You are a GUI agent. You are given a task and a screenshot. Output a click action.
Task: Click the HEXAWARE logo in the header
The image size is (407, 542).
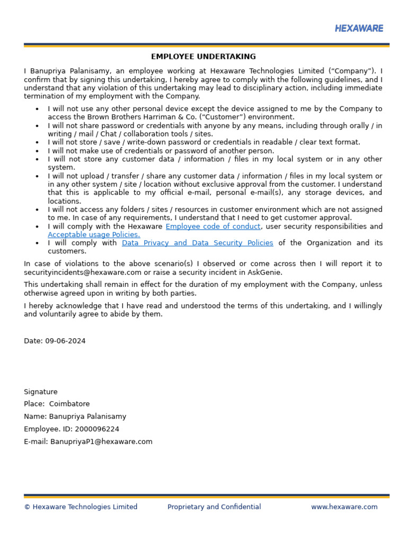359,29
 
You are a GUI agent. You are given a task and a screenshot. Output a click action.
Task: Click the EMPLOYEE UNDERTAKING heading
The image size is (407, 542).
203,57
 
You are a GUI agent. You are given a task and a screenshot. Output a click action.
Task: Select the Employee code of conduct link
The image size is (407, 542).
213,227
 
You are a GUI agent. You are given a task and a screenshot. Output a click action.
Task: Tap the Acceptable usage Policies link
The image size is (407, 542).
94,234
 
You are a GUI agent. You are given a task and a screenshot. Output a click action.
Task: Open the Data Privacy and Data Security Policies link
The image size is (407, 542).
198,243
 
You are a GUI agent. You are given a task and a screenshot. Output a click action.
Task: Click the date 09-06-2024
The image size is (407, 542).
65,341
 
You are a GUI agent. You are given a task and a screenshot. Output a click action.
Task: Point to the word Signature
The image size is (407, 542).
41,392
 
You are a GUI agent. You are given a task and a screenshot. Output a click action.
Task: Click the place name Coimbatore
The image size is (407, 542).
69,404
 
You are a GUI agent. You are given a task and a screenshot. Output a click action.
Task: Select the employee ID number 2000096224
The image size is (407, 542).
97,429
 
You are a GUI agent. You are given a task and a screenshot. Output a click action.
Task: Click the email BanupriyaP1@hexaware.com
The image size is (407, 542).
101,441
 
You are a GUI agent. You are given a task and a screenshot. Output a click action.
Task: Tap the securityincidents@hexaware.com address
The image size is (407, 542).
83,272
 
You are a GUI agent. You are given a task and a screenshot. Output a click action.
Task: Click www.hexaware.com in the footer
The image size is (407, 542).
344,507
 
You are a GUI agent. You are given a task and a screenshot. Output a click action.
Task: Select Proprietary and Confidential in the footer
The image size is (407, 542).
214,507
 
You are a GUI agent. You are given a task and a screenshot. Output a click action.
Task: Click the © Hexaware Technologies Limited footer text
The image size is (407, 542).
81,507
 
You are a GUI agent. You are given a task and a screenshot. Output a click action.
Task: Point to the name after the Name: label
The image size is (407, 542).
87,417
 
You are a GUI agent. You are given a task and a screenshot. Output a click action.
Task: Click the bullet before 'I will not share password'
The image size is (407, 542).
37,126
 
